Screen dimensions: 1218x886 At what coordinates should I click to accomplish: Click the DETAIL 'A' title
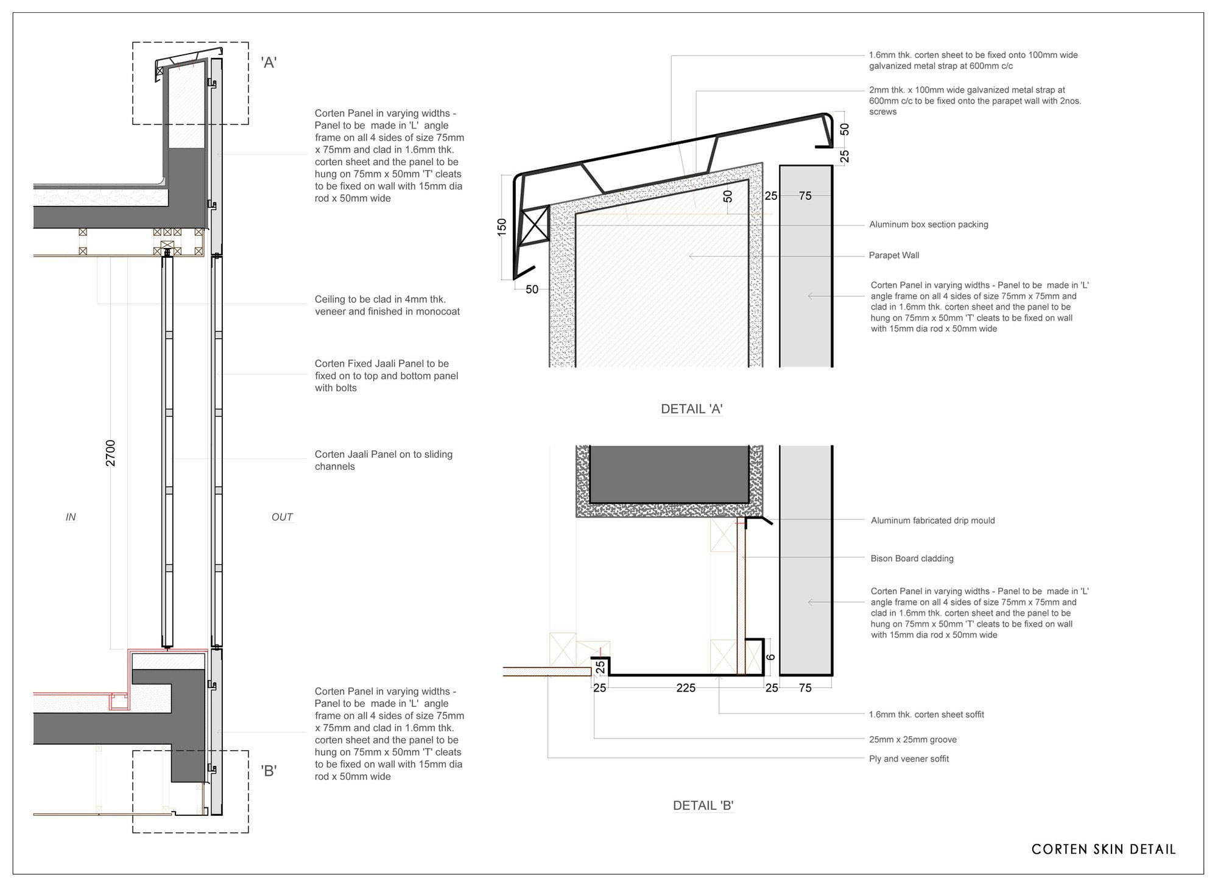692,409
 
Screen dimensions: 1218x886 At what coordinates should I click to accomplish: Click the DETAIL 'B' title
703,806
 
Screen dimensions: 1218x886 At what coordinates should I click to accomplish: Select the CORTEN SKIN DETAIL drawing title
1104,849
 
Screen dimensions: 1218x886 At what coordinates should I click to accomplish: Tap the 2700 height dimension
110,453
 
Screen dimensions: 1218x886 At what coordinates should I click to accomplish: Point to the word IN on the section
71,517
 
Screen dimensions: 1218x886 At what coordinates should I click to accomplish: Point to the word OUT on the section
282,517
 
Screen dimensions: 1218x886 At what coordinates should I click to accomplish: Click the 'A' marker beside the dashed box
269,62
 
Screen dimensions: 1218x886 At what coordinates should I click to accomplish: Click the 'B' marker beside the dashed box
269,771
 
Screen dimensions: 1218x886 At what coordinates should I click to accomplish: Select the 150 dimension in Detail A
502,228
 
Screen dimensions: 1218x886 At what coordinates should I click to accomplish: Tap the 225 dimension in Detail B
686,688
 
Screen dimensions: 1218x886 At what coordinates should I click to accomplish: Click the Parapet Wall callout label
894,255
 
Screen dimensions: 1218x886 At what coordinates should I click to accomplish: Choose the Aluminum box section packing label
929,225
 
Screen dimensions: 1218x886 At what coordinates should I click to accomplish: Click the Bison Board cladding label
912,559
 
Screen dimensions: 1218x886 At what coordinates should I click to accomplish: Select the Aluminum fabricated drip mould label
933,521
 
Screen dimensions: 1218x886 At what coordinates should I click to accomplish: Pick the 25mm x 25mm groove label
913,740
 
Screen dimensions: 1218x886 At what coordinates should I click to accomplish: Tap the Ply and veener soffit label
909,759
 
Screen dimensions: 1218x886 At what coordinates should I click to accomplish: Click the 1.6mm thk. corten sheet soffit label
926,715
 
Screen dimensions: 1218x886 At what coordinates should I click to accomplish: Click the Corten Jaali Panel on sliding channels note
384,461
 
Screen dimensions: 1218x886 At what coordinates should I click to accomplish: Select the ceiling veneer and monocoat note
387,306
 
